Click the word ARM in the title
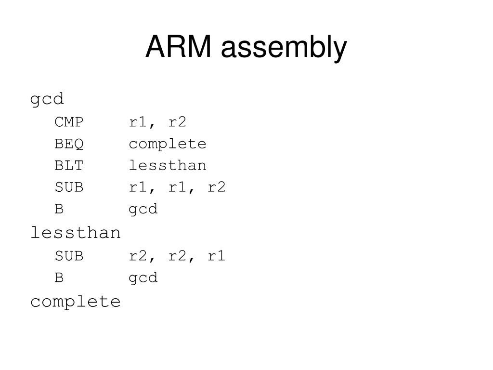click(179, 47)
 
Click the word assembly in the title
click(284, 48)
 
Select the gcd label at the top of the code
click(47, 100)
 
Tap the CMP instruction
click(69, 122)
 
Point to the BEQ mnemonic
click(69, 144)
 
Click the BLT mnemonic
click(69, 166)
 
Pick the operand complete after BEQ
click(168, 144)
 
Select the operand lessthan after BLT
click(168, 166)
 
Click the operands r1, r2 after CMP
click(157, 122)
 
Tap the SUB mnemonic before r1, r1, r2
click(69, 187)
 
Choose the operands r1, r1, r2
click(177, 187)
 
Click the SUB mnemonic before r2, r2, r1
click(69, 256)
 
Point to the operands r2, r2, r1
click(177, 256)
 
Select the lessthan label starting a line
click(75, 233)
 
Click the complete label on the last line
click(75, 302)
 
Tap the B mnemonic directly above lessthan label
click(59, 210)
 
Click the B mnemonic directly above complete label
click(59, 278)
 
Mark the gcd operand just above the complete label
click(143, 278)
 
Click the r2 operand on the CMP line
click(177, 122)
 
